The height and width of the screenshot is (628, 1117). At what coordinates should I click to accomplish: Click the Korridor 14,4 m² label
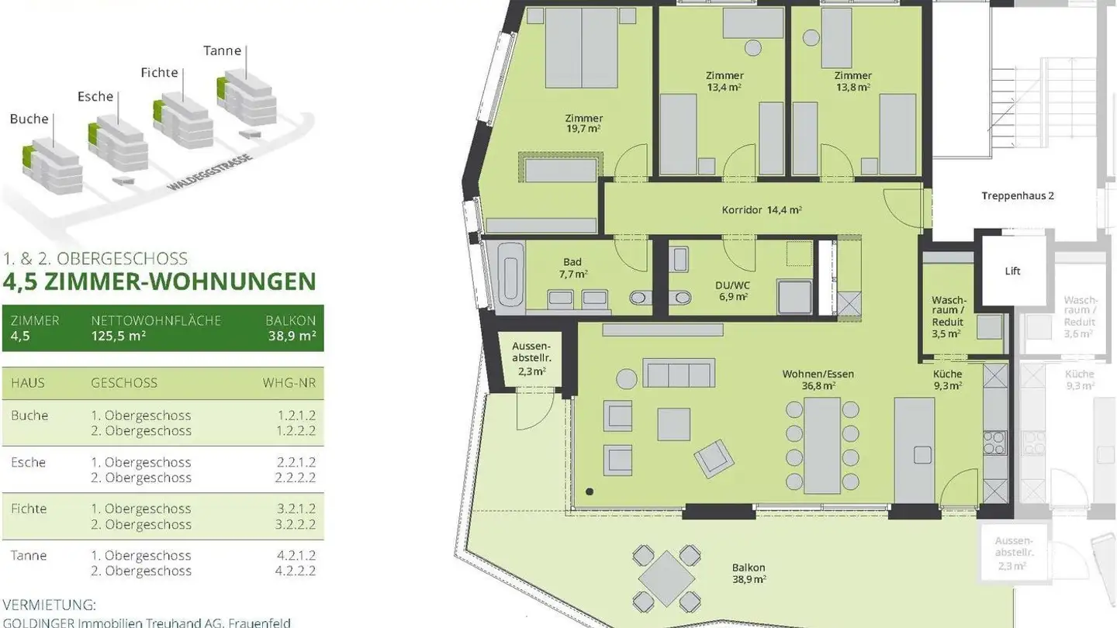[x=761, y=209]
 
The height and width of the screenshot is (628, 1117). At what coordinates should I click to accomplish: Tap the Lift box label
[x=1012, y=271]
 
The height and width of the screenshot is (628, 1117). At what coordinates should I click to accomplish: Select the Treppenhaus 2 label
[x=1017, y=196]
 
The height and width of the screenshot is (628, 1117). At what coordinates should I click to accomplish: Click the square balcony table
[x=666, y=578]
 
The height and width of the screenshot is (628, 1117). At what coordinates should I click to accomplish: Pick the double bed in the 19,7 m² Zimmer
[x=581, y=48]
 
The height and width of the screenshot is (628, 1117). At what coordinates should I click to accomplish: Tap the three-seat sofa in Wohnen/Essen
[x=679, y=374]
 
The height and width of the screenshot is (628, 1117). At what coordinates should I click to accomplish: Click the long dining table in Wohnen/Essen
[x=822, y=445]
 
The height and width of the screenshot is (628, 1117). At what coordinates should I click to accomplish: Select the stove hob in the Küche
[x=994, y=443]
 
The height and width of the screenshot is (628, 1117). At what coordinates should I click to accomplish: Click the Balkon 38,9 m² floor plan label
[x=749, y=573]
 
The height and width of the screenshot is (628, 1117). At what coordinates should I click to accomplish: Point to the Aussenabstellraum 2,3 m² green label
[x=531, y=358]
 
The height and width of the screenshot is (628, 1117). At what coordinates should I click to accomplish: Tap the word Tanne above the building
[x=223, y=50]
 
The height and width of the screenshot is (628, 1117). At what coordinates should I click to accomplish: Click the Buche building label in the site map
[x=29, y=119]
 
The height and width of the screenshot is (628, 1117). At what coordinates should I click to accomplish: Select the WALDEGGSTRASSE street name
[x=209, y=173]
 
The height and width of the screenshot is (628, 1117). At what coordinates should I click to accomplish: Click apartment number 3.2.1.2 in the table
[x=296, y=509]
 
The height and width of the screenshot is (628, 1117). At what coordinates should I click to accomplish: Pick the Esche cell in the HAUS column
[x=28, y=462]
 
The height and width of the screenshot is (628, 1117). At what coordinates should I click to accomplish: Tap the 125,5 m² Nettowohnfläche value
[x=118, y=336]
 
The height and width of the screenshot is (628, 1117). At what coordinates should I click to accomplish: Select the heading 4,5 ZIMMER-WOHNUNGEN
[x=160, y=281]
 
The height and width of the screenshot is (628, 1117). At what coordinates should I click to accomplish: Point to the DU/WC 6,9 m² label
[x=731, y=290]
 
